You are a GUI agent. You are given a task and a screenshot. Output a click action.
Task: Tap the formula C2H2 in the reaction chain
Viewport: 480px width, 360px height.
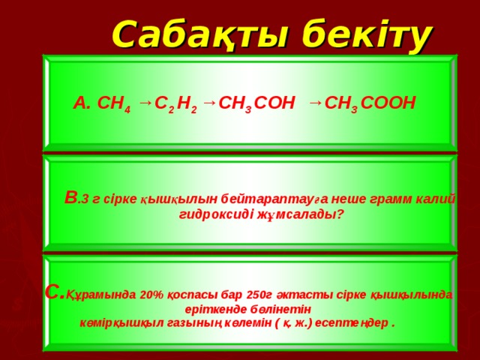tap(175, 103)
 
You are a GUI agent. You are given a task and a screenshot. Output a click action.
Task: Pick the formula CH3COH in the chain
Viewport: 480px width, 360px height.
tap(256, 103)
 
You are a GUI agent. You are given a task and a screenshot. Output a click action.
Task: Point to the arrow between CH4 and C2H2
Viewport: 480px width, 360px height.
tap(145, 100)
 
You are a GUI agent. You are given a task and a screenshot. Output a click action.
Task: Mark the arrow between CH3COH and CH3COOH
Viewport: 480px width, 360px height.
tap(315, 100)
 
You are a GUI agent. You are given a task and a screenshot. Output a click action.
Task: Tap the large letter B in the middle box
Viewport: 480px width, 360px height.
tap(70, 197)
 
